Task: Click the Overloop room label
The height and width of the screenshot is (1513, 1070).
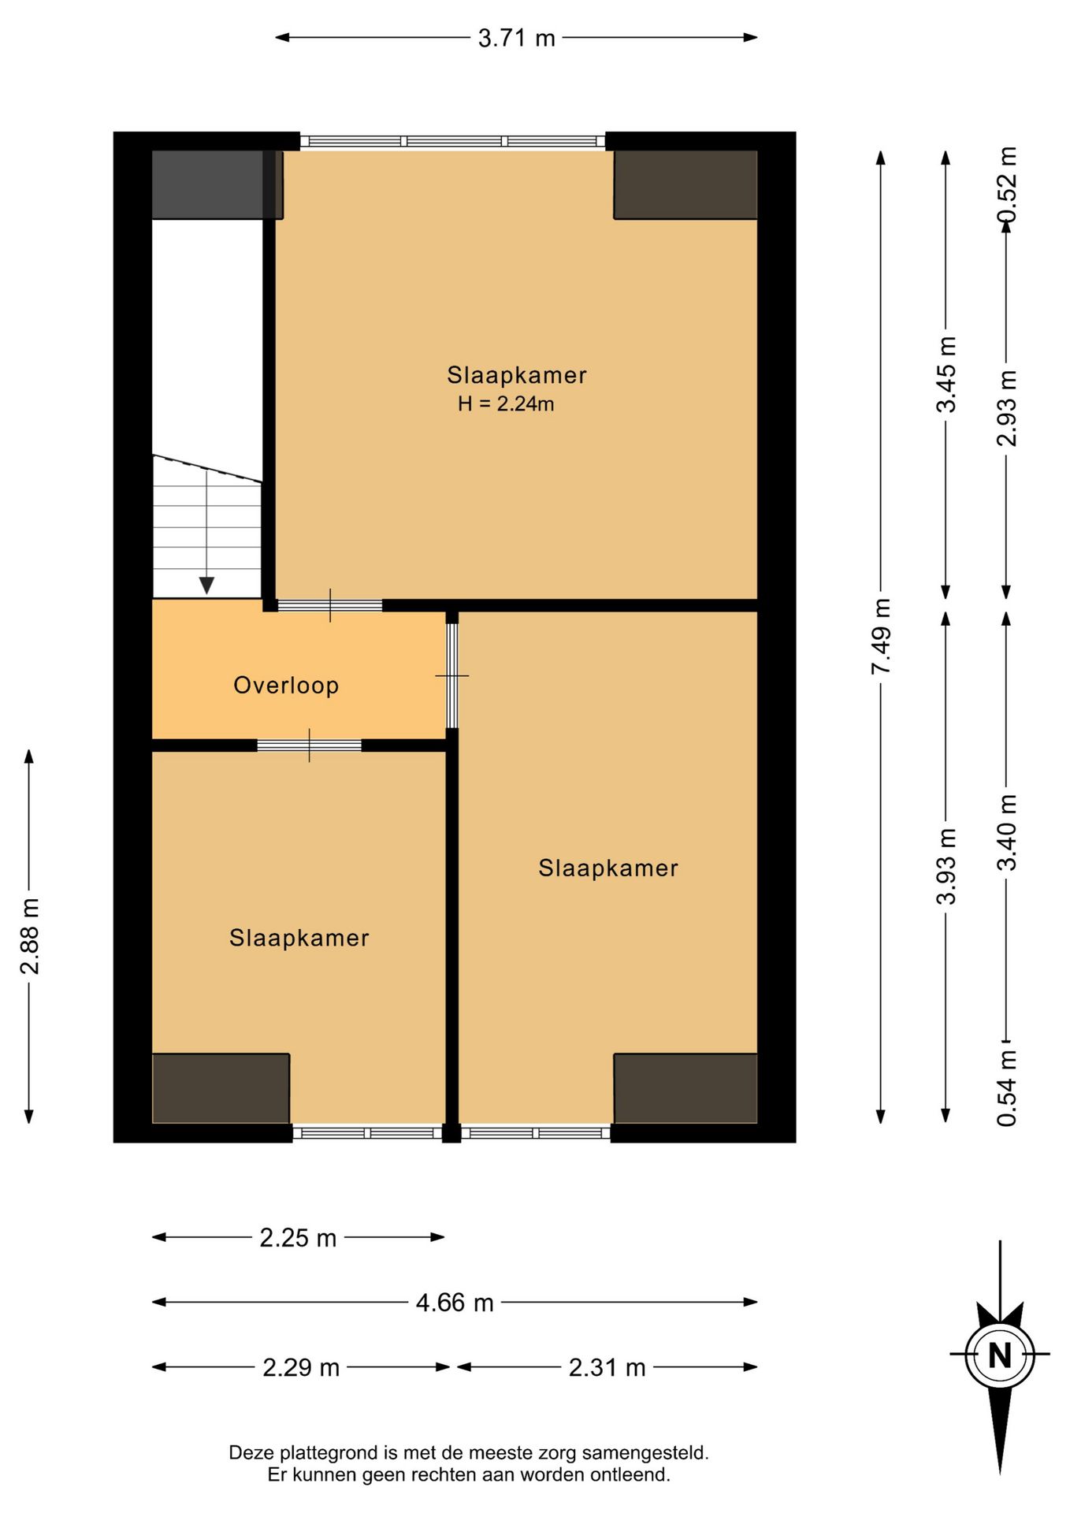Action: coord(286,685)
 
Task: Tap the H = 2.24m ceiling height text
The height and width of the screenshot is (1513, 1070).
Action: coord(506,404)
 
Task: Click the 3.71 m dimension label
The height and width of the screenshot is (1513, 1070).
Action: coord(517,38)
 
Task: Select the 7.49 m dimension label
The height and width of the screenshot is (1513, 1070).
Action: coord(881,636)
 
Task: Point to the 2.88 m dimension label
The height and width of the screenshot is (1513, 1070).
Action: coord(29,935)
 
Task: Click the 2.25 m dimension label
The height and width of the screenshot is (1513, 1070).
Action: coord(298,1238)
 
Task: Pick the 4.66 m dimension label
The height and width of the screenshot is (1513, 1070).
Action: coord(455,1303)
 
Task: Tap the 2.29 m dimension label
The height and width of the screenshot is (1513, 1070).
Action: coord(301,1367)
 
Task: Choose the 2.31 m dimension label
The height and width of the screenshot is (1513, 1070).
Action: coord(607,1367)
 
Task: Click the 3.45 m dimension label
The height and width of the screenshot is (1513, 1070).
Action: coord(946,374)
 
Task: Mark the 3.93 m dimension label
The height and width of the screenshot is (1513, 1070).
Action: coord(946,866)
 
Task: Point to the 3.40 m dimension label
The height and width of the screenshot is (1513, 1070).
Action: coord(1007,832)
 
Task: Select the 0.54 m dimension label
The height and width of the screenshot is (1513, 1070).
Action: coord(1007,1088)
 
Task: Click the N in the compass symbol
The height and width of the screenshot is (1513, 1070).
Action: coord(1000,1355)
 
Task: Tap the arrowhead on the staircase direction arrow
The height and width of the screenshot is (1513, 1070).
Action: coord(206,585)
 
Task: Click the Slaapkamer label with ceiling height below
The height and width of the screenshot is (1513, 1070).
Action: coord(517,375)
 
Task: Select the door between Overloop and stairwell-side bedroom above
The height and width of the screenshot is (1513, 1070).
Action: coord(330,606)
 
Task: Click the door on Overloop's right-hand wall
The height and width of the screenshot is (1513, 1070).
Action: coord(452,675)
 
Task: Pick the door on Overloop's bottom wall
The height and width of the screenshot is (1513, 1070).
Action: coord(309,745)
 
